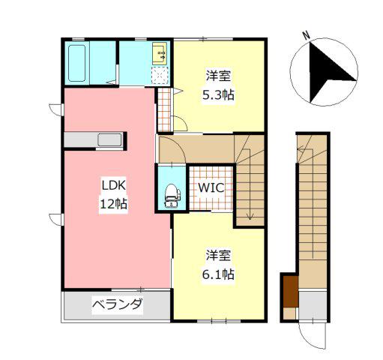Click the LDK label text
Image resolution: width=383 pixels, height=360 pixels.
[113, 186]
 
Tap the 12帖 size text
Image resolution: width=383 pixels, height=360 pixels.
[114, 204]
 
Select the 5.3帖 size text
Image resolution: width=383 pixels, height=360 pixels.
[218, 95]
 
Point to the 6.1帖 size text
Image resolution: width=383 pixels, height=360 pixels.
[218, 274]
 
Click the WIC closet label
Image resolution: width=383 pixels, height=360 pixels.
[211, 187]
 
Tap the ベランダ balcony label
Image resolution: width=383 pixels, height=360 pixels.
[118, 304]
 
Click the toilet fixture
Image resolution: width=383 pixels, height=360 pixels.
[172, 196]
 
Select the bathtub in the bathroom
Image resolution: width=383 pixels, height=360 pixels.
[76, 63]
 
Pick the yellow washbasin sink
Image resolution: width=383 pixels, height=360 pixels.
[160, 54]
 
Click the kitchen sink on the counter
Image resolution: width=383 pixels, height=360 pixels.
[109, 140]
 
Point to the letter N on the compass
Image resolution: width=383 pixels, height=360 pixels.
[307, 35]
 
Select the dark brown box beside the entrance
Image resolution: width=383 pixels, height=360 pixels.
[291, 292]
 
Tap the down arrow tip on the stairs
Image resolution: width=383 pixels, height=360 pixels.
[250, 219]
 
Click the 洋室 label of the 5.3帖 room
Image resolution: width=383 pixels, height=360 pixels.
[218, 76]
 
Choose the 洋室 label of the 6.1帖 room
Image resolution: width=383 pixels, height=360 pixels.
[218, 255]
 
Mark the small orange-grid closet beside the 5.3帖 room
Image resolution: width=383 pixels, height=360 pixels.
[164, 109]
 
